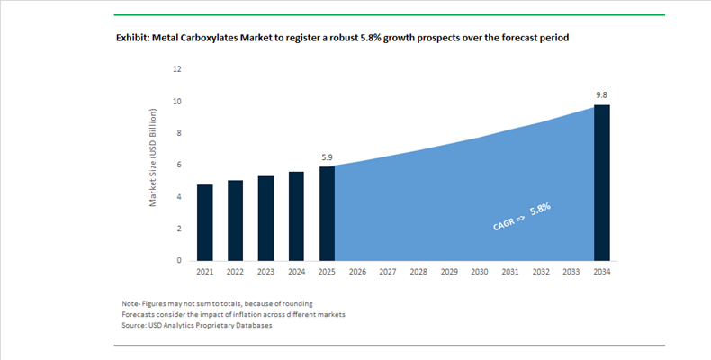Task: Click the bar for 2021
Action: (x=205, y=222)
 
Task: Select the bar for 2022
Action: (x=236, y=220)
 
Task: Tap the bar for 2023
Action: (x=265, y=218)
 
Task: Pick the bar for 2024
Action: (x=296, y=216)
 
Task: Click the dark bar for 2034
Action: (x=602, y=183)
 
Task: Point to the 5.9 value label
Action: (x=327, y=157)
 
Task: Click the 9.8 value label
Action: (x=602, y=94)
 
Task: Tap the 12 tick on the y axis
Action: (x=177, y=68)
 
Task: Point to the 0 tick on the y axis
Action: (x=179, y=260)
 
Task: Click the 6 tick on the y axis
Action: (x=179, y=165)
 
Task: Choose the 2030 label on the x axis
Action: (x=480, y=272)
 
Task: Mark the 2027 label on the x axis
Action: (x=388, y=272)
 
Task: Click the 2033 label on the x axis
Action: (x=571, y=272)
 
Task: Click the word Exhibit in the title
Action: (x=134, y=39)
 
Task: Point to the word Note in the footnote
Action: (x=130, y=302)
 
